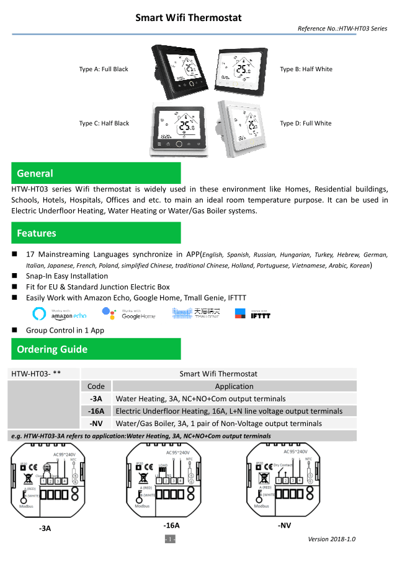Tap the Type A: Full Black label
(104, 69)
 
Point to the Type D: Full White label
(305, 123)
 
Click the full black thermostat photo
(180, 69)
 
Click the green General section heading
(96, 173)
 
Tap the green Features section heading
(96, 233)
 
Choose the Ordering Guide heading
(96, 349)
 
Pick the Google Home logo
(130, 314)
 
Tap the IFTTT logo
(253, 314)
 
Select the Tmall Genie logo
(194, 314)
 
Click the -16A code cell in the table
(96, 411)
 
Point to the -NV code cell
(96, 424)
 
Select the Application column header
(234, 386)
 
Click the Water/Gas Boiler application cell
(219, 424)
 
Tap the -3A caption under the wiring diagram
(45, 528)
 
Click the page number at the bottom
(170, 539)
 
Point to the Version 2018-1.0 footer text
(331, 539)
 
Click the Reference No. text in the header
(342, 29)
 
